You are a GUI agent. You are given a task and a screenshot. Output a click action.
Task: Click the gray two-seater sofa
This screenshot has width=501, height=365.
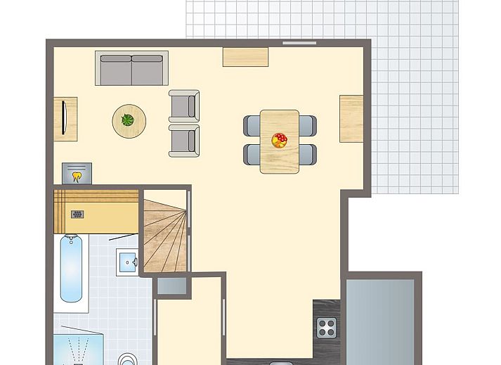(x=131, y=68)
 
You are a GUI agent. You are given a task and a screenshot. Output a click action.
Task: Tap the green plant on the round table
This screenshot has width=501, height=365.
(x=128, y=120)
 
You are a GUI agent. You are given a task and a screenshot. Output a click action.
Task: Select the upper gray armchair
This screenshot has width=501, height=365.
(x=184, y=105)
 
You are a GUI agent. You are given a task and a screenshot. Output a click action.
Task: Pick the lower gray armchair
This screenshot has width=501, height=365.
(x=184, y=140)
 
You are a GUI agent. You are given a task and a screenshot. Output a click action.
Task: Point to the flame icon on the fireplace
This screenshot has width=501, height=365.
(x=77, y=175)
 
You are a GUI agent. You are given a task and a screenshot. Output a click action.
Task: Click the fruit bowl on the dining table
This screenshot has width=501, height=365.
(x=280, y=139)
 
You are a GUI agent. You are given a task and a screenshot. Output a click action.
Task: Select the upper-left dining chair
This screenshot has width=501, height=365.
(x=252, y=125)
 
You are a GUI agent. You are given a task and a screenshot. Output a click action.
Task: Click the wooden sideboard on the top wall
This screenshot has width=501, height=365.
(x=245, y=57)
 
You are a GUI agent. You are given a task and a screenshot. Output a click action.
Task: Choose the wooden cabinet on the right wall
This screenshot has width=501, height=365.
(x=351, y=118)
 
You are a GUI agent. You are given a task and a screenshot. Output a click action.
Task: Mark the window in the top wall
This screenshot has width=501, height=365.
(x=299, y=43)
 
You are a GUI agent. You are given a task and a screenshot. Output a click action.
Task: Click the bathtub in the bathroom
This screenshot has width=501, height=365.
(x=70, y=269)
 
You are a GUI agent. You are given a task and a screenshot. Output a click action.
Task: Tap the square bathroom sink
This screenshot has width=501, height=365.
(x=128, y=262)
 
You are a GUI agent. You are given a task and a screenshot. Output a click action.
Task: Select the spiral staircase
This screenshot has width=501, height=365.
(x=166, y=235)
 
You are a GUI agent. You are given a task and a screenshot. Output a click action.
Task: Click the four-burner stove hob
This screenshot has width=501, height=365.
(x=326, y=327)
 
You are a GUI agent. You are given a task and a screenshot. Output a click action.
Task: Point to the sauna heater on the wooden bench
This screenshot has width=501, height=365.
(x=77, y=214)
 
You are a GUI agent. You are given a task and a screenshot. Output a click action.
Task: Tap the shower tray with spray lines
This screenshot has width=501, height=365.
(x=78, y=350)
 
